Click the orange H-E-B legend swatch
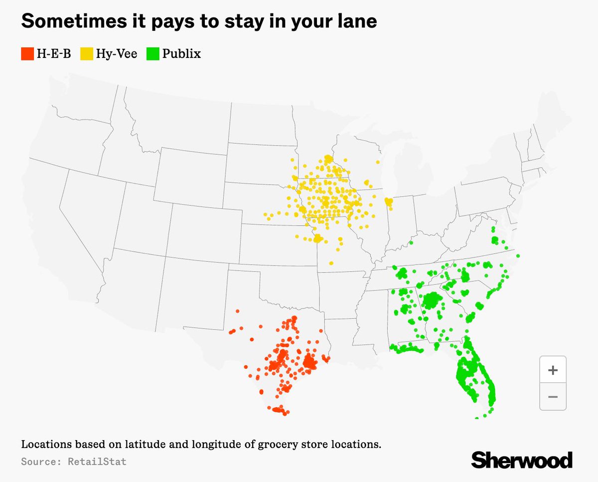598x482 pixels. pyautogui.click(x=27, y=53)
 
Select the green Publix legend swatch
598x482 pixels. pyautogui.click(x=153, y=53)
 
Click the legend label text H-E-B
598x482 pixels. pyautogui.click(x=53, y=53)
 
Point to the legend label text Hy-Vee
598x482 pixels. pyautogui.click(x=116, y=53)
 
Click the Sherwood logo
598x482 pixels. pyautogui.click(x=522, y=460)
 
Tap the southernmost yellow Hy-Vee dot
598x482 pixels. pyautogui.click(x=331, y=263)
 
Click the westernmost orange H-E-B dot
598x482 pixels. pyautogui.click(x=230, y=332)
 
